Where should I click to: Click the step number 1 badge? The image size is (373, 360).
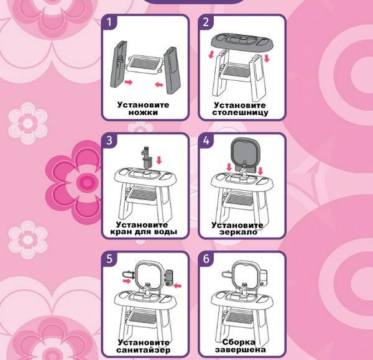click(x=109, y=22)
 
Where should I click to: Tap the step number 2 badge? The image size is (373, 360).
click(x=206, y=22)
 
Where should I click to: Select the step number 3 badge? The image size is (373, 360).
click(x=109, y=141)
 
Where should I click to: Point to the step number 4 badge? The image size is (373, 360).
click(x=206, y=141)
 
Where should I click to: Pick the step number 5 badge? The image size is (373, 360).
click(x=109, y=259)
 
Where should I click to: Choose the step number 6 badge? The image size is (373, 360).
click(x=206, y=259)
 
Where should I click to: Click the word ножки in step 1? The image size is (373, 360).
click(x=143, y=113)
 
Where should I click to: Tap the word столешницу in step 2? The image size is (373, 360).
click(x=240, y=113)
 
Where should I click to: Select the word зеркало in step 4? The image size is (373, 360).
click(x=238, y=232)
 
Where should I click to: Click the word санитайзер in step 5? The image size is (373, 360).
click(x=144, y=350)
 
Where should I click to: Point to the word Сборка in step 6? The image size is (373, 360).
click(x=239, y=342)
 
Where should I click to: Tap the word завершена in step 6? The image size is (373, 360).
click(x=240, y=350)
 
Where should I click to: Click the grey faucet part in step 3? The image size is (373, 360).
click(x=146, y=157)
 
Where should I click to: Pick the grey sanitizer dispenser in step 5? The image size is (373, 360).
click(x=168, y=278)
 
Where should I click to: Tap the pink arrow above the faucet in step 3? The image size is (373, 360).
click(x=159, y=160)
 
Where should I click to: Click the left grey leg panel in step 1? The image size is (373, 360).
click(x=118, y=64)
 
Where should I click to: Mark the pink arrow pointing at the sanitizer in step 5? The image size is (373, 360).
click(x=177, y=285)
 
